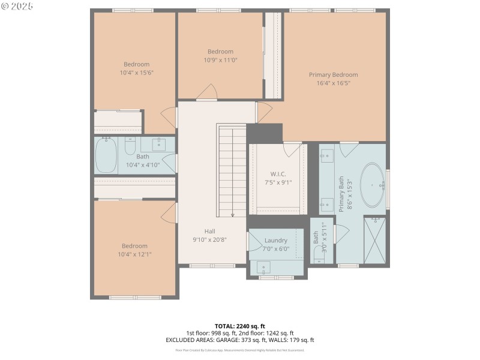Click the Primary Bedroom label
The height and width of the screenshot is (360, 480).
tap(333, 75)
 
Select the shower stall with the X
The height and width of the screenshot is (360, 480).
tap(375, 240)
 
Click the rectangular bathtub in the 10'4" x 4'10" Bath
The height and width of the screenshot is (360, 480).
tap(106, 156)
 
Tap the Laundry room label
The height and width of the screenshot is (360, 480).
tap(276, 241)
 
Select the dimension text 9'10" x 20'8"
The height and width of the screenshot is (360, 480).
tap(209, 239)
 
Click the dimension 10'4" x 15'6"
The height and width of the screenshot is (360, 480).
tap(137, 73)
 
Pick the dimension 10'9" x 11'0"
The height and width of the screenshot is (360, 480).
tap(220, 59)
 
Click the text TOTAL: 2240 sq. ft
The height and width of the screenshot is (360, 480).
tap(239, 326)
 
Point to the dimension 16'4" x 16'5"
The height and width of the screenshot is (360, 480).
tap(333, 83)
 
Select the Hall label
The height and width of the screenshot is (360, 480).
tap(209, 231)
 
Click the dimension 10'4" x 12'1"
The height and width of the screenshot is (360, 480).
tap(134, 254)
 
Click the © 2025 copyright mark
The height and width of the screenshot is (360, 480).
tap(18, 6)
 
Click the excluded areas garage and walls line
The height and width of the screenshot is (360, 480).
tap(239, 340)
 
